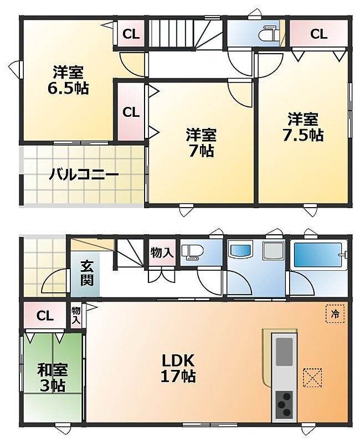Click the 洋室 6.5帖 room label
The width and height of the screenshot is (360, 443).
point(68,80)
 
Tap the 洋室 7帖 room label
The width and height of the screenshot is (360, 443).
point(201,143)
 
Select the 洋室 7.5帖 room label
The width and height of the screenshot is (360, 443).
point(303,127)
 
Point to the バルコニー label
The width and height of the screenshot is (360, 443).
point(84,175)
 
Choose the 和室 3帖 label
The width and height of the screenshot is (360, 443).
point(53,378)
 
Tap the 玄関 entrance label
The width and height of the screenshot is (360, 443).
point(87,273)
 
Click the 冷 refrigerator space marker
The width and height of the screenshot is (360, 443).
point(335,313)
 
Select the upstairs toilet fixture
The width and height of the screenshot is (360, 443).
point(269,35)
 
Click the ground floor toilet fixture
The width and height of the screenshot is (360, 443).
point(192,252)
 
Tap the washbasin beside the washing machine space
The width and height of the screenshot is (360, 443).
point(240,250)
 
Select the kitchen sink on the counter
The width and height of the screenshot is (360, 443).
point(284,352)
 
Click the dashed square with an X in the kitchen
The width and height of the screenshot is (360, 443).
point(312,378)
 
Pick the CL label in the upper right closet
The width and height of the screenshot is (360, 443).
point(319,34)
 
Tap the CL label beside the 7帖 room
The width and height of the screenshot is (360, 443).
point(131,112)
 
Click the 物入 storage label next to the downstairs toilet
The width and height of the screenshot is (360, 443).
point(161,253)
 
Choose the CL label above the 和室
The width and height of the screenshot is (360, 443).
point(45,316)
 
